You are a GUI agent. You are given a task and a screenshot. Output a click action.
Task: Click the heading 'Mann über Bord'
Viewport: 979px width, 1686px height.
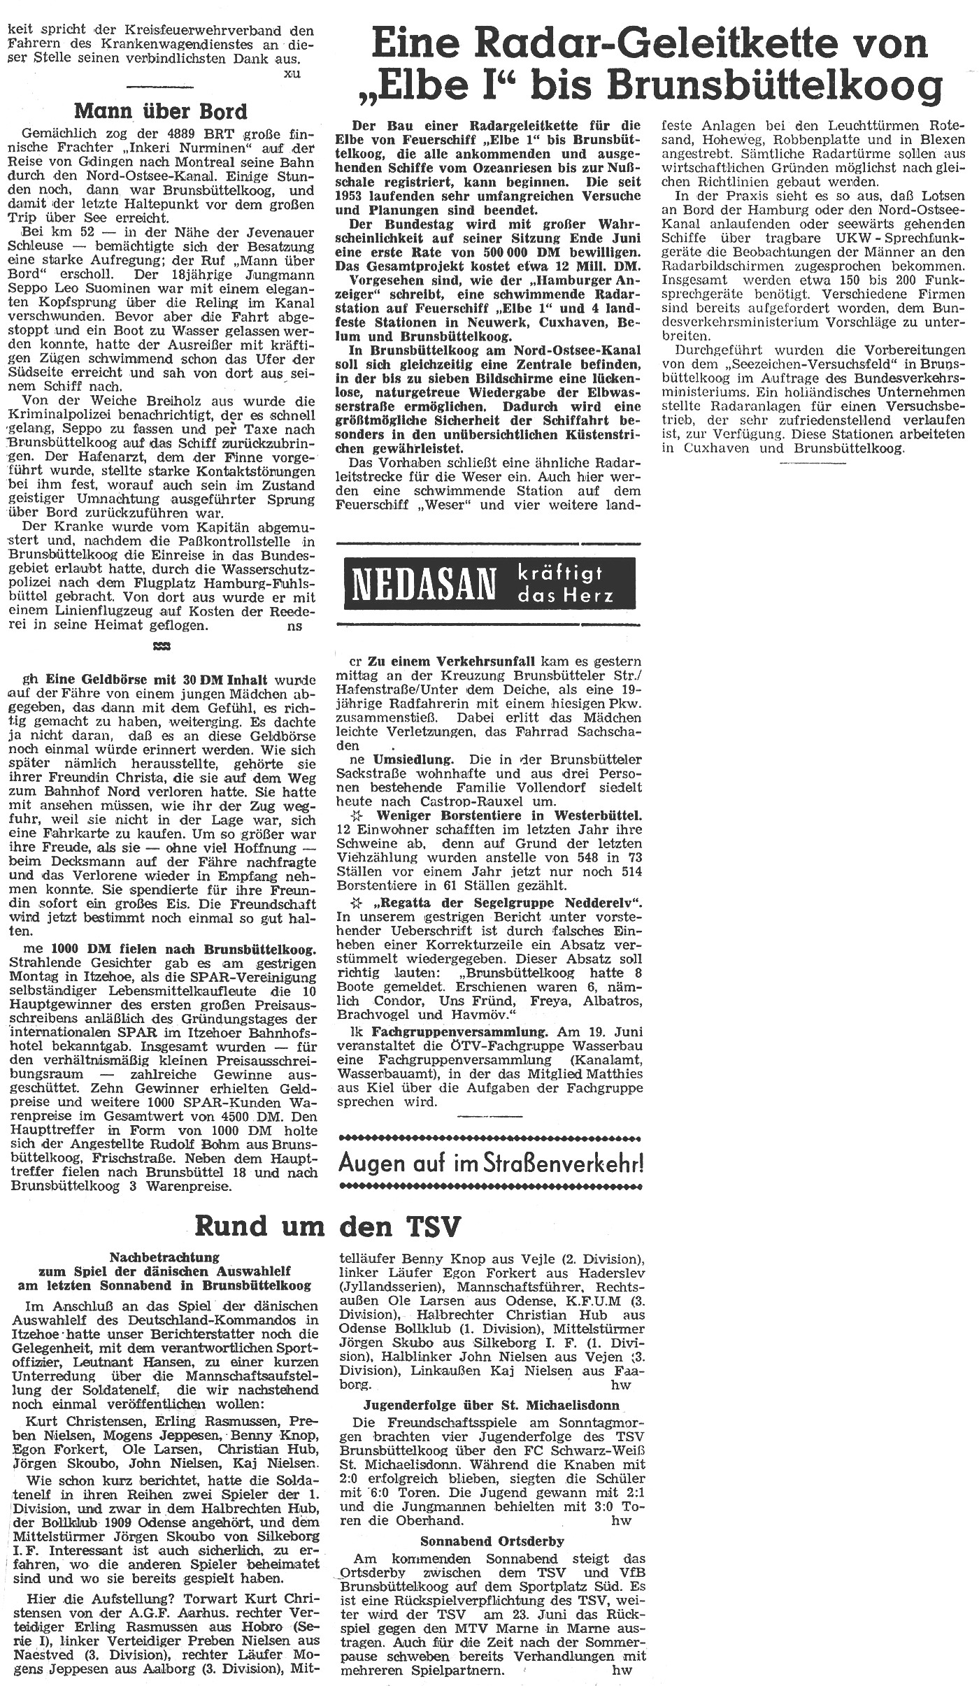click(x=160, y=111)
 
